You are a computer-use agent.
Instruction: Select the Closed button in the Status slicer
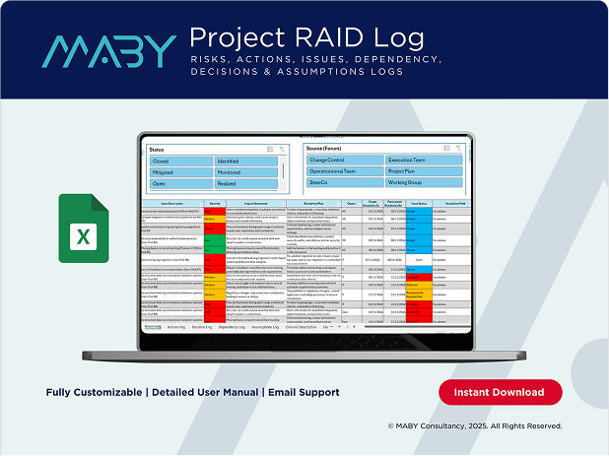[180, 161]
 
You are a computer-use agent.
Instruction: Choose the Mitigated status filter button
[180, 171]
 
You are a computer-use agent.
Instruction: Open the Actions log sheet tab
[176, 326]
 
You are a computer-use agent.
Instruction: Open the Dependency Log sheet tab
[234, 326]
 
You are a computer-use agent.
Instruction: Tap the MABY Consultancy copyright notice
[475, 426]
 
